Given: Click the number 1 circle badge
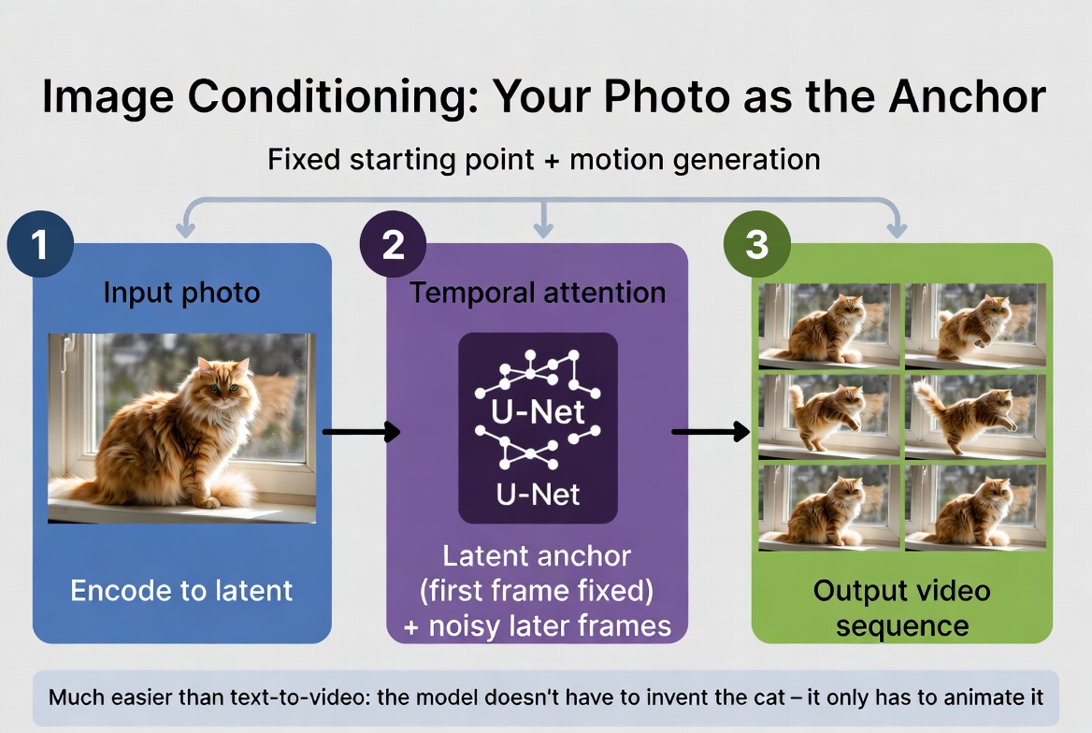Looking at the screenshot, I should coord(39,245).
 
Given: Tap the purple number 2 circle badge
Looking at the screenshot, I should coord(394,245).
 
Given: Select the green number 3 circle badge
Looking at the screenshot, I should coord(756,245).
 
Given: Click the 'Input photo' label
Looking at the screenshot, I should coord(181,293).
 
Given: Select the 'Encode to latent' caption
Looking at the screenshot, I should coord(181,590).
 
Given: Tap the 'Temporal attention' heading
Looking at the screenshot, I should coord(538,293).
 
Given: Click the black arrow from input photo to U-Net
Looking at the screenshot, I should coord(360,431).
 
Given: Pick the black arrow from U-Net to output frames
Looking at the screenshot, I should coord(711,431).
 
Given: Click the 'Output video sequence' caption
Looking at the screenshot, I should coord(901,608).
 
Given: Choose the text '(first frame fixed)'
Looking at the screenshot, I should coord(538,591).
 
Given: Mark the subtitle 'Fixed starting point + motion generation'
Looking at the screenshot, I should coord(543,159).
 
